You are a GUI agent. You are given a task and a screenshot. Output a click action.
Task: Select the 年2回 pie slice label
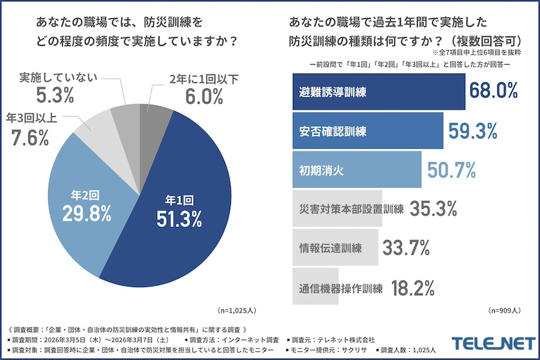click(x=86, y=194)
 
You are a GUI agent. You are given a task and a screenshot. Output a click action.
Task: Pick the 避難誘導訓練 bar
click(x=379, y=91)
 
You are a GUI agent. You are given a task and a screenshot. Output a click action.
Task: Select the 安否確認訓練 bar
click(x=368, y=130)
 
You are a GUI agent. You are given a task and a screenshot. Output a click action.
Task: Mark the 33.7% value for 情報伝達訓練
click(x=406, y=249)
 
